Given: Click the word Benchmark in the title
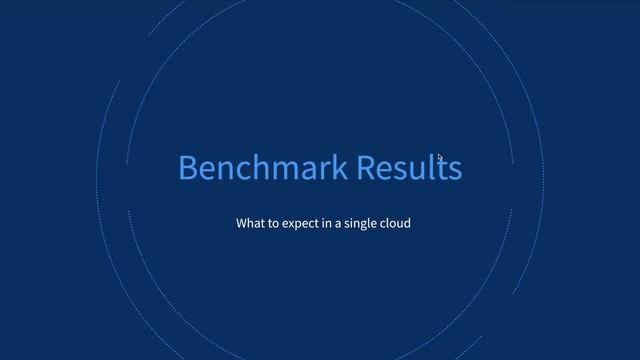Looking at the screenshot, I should (263, 168).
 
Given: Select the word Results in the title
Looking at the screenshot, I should (410, 168).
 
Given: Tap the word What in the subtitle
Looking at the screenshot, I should (249, 222).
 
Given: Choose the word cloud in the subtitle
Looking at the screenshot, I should (395, 222).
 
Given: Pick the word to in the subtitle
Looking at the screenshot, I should (272, 222).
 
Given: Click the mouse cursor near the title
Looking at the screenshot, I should (440, 157).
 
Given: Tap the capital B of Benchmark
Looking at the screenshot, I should (188, 168).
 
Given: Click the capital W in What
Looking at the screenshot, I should (242, 222).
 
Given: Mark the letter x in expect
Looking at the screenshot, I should (289, 223).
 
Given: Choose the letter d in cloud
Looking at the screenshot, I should (406, 222).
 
